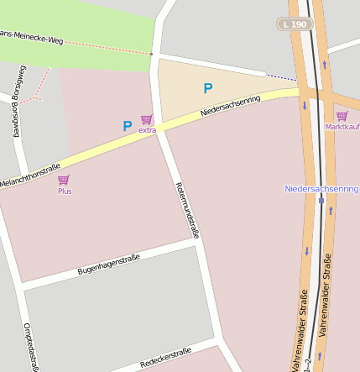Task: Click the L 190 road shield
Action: (295, 25)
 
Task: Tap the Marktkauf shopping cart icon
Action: (342, 116)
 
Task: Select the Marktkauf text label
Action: (342, 127)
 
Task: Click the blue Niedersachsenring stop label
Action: (321, 189)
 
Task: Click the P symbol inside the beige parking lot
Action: (207, 88)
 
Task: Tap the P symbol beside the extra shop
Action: (128, 126)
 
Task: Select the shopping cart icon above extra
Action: (147, 119)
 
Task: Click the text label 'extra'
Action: (147, 130)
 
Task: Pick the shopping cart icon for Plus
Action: (64, 180)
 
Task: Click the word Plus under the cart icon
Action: (64, 191)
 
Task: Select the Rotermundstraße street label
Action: (186, 211)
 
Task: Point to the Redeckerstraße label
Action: (166, 358)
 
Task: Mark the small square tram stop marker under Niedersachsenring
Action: (321, 201)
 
